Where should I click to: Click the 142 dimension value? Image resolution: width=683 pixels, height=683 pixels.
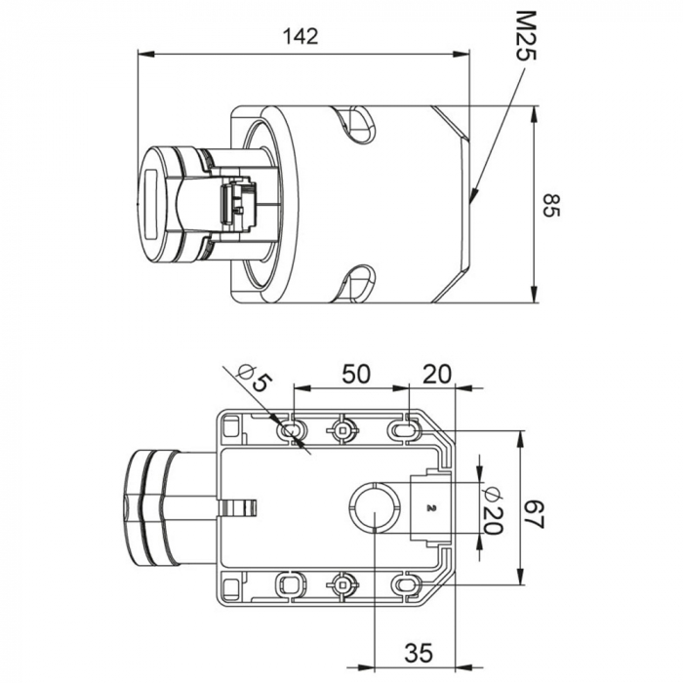pyautogui.click(x=301, y=37)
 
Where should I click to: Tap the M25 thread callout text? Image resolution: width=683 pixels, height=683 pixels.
pyautogui.click(x=526, y=35)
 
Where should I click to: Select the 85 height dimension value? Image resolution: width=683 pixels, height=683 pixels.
pyautogui.click(x=552, y=205)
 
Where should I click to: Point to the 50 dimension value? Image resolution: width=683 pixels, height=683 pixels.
pyautogui.click(x=356, y=374)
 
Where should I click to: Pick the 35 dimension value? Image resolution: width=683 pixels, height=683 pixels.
pyautogui.click(x=419, y=653)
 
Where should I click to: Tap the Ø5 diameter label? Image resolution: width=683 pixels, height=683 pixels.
pyautogui.click(x=256, y=378)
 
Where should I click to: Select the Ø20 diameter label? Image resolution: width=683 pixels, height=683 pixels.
pyautogui.click(x=492, y=509)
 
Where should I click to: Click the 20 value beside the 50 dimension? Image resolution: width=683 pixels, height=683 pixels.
pyautogui.click(x=437, y=374)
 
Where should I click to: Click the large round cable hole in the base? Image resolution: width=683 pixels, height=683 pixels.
pyautogui.click(x=375, y=507)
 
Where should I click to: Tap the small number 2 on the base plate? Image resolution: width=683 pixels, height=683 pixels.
pyautogui.click(x=431, y=507)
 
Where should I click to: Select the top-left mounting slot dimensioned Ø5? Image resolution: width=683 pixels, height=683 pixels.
pyautogui.click(x=292, y=431)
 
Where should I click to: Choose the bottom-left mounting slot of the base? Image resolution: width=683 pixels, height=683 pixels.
pyautogui.click(x=292, y=583)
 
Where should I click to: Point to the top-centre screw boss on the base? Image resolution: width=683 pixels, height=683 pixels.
pyautogui.click(x=342, y=431)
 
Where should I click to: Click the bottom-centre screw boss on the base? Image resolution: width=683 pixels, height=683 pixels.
pyautogui.click(x=342, y=583)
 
